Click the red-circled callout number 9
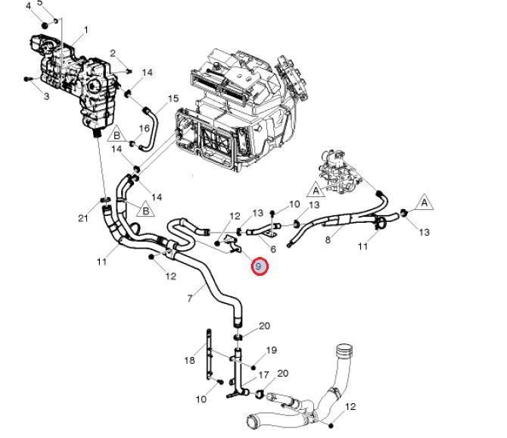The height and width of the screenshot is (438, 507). click(260, 266)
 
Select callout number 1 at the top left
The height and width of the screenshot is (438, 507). click(86, 30)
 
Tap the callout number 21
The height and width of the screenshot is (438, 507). click(83, 219)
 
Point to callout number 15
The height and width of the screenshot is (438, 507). click(173, 99)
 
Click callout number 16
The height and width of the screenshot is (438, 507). click(144, 129)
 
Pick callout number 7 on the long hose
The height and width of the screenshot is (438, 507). click(190, 299)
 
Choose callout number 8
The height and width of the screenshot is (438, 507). click(328, 240)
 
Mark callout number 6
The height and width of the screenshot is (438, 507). click(272, 249)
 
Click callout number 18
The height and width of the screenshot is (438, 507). click(190, 361)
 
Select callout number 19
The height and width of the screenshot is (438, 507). click(272, 350)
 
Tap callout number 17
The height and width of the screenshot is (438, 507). click(264, 375)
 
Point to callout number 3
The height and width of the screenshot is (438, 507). click(46, 96)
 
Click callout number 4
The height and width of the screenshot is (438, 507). click(29, 6)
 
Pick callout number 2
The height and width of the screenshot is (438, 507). click(113, 53)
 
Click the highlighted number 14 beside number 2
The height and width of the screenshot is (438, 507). click(148, 72)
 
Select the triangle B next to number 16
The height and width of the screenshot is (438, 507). click(117, 136)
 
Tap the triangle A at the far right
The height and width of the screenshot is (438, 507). click(425, 202)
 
